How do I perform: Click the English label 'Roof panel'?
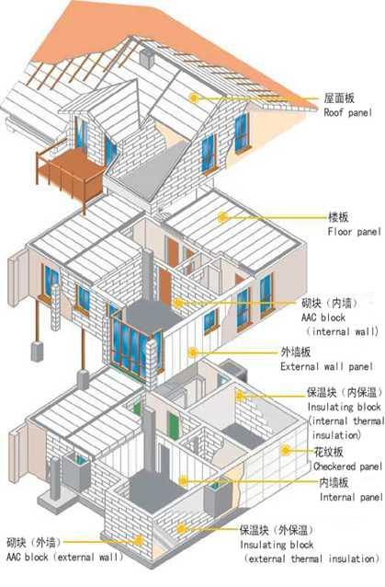click(x=347, y=112)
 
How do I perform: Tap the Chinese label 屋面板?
click(x=339, y=98)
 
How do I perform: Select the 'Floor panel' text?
click(x=354, y=232)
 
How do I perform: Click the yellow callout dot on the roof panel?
click(x=194, y=98)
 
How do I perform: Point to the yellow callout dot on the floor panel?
click(x=223, y=217)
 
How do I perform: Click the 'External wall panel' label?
click(x=327, y=366)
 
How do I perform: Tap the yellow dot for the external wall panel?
click(x=193, y=351)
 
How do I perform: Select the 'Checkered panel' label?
click(x=347, y=466)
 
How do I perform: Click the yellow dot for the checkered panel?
click(x=286, y=450)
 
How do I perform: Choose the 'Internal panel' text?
click(x=351, y=497)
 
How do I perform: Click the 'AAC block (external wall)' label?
click(x=64, y=557)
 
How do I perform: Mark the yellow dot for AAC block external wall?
click(x=139, y=541)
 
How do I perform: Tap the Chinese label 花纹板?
click(x=329, y=452)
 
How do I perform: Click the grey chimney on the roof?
click(x=147, y=58)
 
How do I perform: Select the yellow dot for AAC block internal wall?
click(x=178, y=303)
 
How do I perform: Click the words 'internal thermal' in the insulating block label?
click(x=347, y=421)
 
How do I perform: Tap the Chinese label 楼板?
click(x=338, y=217)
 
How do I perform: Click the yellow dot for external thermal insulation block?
click(x=182, y=529)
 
